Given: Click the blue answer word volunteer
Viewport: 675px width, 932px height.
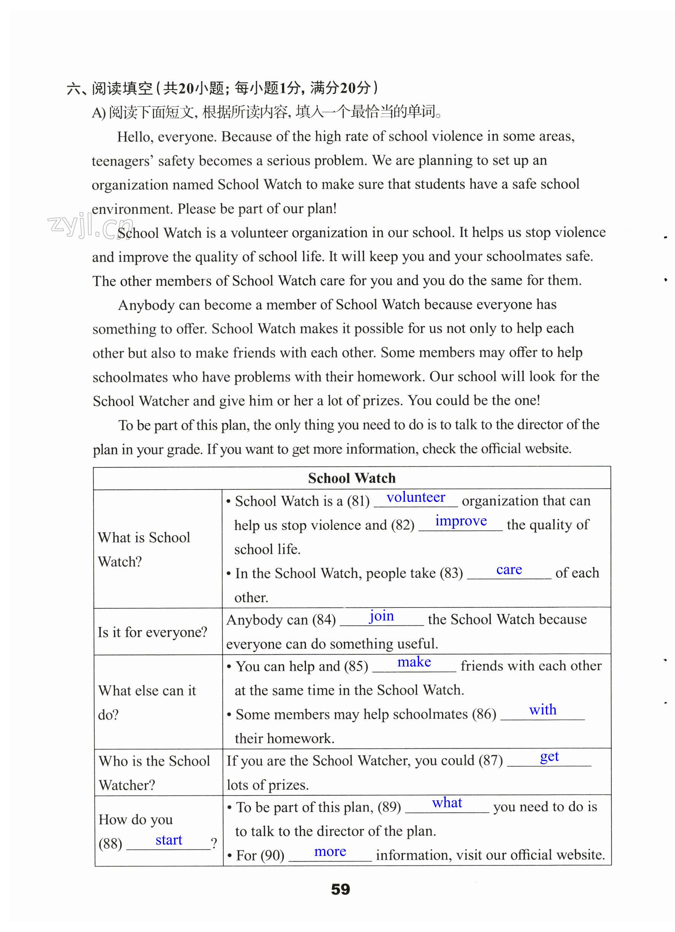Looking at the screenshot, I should coord(416,498).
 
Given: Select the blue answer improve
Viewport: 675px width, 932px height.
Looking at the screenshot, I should coord(461,521).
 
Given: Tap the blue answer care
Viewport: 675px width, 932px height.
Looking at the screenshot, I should coord(509,569).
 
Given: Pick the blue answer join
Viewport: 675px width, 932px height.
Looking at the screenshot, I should coord(381,616).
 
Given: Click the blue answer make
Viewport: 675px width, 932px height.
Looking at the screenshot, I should coord(414,662).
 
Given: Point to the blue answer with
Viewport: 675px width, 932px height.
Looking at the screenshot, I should coord(543,710).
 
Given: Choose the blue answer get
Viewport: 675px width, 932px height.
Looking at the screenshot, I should coord(549,757).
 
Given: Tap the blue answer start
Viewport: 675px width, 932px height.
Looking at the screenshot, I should coord(169,840).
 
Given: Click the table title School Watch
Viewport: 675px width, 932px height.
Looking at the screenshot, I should coord(352,478).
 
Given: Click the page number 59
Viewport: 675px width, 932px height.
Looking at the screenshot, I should coord(341,889).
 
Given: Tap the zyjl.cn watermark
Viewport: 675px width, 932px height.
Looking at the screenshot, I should coord(91,226).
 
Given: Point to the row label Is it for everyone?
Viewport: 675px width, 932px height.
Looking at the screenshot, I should coord(152,632).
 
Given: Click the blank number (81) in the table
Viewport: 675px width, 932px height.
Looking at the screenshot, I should coord(358,501).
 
